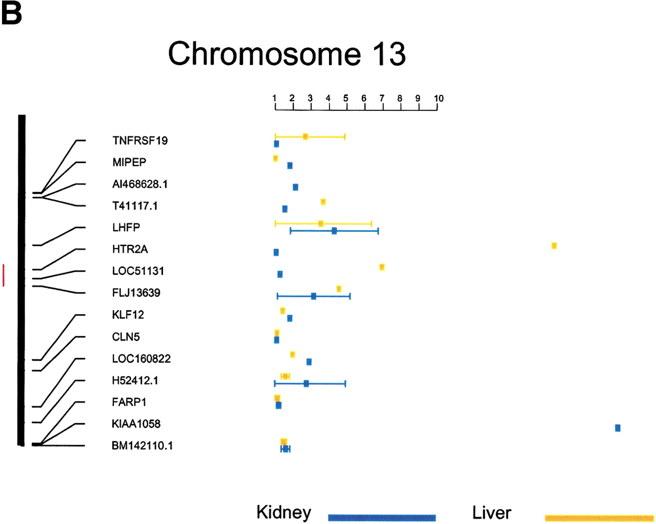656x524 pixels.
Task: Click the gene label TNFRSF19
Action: tap(140, 140)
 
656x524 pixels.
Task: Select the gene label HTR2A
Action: tap(130, 249)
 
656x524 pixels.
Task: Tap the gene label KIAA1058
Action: tap(136, 424)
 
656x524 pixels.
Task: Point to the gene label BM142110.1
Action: tap(142, 446)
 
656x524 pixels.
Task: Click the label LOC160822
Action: tap(141, 358)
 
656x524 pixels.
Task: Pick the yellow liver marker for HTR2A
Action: tap(554, 246)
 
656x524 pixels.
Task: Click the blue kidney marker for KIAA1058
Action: tap(618, 428)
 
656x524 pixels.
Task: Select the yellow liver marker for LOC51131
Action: tap(382, 267)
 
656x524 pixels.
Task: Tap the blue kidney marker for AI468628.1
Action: tap(295, 187)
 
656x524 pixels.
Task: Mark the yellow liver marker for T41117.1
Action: tap(323, 201)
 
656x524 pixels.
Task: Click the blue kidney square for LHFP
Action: tap(334, 231)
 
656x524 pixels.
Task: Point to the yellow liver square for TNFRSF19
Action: tap(305, 137)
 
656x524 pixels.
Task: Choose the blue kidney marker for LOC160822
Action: tap(309, 362)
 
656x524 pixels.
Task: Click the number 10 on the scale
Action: tap(439, 98)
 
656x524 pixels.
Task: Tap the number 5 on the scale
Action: tap(345, 98)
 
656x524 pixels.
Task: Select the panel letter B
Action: tap(12, 14)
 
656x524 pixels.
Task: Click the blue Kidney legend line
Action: tap(382, 518)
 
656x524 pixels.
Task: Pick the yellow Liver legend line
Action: tap(599, 518)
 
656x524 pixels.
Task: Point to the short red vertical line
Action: tap(4, 275)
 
